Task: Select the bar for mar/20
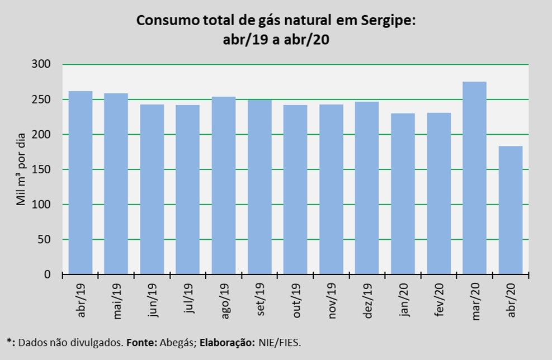pyautogui.click(x=475, y=178)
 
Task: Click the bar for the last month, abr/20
pyautogui.click(x=511, y=210)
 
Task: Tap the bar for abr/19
pyautogui.click(x=81, y=183)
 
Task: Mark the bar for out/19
pyautogui.click(x=295, y=190)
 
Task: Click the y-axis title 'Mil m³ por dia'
pyautogui.click(x=21, y=169)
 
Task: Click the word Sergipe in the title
pyautogui.click(x=386, y=21)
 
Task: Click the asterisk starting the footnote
pyautogui.click(x=8, y=340)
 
